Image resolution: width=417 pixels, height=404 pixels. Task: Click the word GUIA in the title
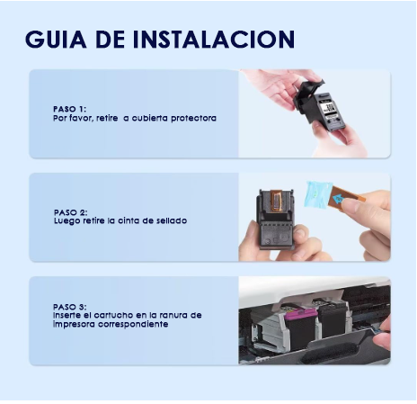56,39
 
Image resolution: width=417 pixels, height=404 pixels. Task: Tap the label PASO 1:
69,109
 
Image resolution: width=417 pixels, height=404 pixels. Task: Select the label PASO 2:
71,212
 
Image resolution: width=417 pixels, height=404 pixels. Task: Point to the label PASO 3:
70,307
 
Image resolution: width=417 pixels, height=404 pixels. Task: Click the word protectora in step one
193,118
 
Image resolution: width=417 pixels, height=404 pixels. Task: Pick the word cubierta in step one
150,118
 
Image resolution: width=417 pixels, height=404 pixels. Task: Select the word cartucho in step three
113,315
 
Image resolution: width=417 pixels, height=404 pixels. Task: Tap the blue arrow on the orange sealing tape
338,198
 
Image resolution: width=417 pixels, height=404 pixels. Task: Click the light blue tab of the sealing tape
317,195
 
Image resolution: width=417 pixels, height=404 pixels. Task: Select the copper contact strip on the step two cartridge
276,201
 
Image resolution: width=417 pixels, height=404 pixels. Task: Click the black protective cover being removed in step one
308,97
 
